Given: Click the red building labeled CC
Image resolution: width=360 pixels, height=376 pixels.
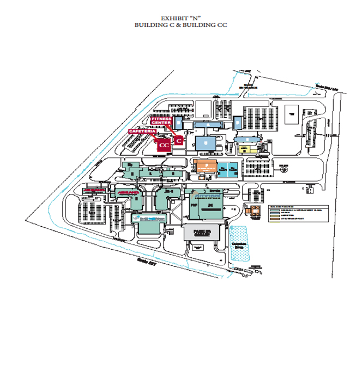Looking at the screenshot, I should tap(163, 144).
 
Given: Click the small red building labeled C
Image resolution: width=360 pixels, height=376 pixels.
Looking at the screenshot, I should tap(179, 140).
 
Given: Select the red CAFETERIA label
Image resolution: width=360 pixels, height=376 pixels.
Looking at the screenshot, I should tap(142, 131).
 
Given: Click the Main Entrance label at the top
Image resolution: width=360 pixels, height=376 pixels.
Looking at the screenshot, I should tap(248, 86).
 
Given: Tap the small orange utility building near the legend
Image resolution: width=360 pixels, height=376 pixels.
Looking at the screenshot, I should tap(250, 211).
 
